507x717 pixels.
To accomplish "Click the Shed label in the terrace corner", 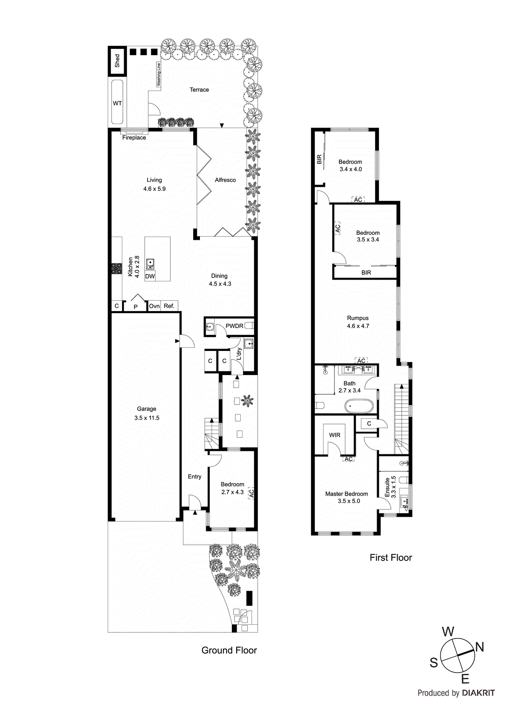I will pyautogui.click(x=117, y=60).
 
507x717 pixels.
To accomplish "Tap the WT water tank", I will pyautogui.click(x=117, y=103).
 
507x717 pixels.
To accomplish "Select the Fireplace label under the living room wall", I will pyautogui.click(x=134, y=138).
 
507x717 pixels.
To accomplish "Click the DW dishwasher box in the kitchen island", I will pyautogui.click(x=150, y=276).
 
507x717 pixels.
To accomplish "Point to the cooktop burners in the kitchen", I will pyautogui.click(x=117, y=268).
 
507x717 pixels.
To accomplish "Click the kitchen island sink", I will pyautogui.click(x=150, y=263).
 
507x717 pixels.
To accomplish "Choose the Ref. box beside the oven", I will pyautogui.click(x=169, y=306).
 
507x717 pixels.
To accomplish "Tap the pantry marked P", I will pyautogui.click(x=135, y=307).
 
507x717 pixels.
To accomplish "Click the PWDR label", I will pyautogui.click(x=234, y=326).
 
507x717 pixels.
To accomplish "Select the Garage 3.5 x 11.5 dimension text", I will pyautogui.click(x=147, y=418).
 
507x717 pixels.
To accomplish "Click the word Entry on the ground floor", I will pyautogui.click(x=195, y=477).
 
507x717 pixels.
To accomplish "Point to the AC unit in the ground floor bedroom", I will pyautogui.click(x=251, y=493).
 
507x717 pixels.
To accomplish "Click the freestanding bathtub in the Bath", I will pyautogui.click(x=359, y=406).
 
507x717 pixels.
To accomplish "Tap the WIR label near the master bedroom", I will pyautogui.click(x=334, y=435).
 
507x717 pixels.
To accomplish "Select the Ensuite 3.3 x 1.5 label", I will pyautogui.click(x=390, y=487).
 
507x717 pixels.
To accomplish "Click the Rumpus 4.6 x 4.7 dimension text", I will pyautogui.click(x=358, y=326).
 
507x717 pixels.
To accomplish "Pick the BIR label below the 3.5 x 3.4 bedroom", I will pyautogui.click(x=366, y=272).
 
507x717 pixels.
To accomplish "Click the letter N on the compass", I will pyautogui.click(x=479, y=647).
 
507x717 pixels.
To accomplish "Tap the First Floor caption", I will pyautogui.click(x=390, y=558).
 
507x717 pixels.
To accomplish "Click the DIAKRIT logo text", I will pyautogui.click(x=478, y=693).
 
